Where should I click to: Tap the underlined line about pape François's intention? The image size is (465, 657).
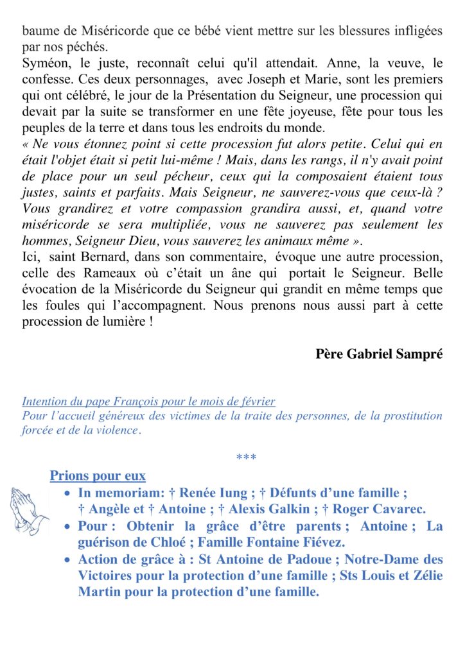click(148, 402)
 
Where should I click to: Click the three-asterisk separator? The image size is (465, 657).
click(247, 457)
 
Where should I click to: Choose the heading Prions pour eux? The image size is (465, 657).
click(98, 476)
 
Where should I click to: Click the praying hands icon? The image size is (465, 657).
click(29, 511)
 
